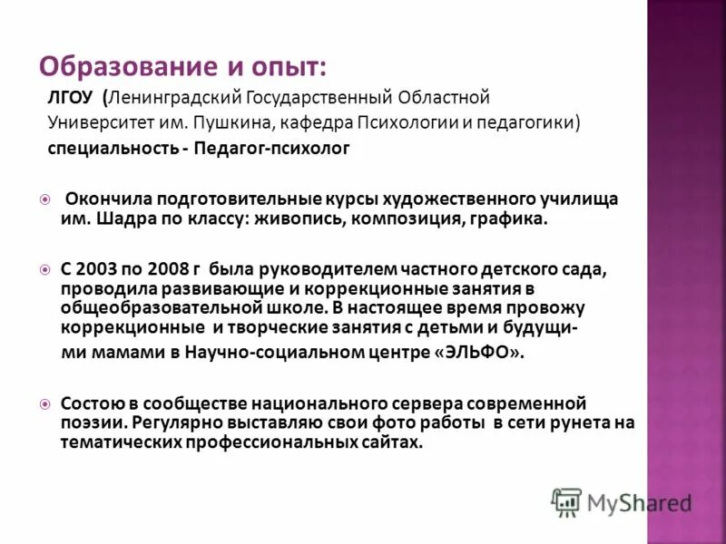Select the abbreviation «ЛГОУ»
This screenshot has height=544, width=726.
[70, 96]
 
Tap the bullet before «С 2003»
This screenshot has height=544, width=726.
[44, 270]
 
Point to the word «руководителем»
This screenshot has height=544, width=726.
[315, 270]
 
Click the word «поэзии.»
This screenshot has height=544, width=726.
[93, 423]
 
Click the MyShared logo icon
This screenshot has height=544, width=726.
[567, 501]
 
